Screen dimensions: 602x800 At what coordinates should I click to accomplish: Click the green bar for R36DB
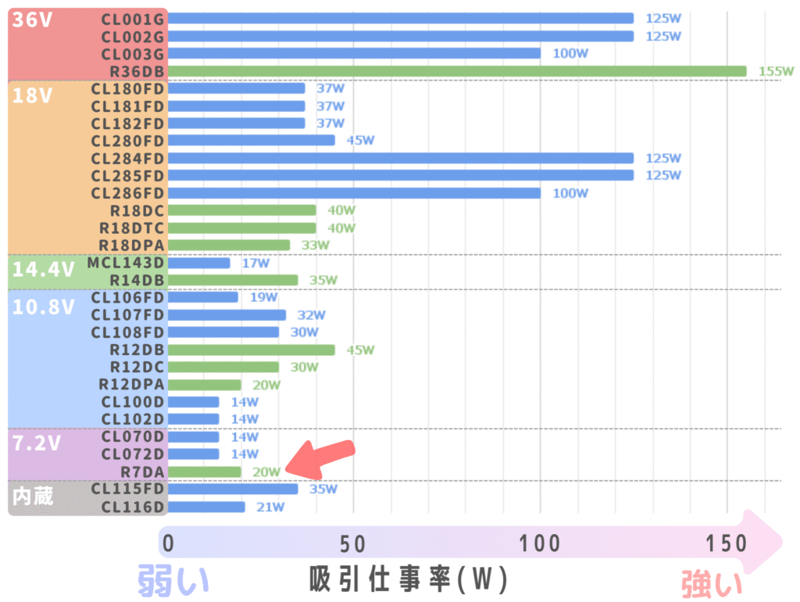(x=457, y=71)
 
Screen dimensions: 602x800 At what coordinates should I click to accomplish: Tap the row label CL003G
(x=133, y=54)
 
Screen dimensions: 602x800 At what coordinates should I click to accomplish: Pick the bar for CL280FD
(x=251, y=141)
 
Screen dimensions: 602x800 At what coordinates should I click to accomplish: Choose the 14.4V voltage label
(x=43, y=270)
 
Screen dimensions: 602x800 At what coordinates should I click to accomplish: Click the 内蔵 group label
(x=34, y=496)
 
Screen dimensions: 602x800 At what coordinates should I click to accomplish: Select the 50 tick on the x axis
(x=354, y=542)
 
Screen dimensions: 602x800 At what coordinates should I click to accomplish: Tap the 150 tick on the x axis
(x=727, y=542)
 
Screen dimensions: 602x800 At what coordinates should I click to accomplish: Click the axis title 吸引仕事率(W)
(x=408, y=580)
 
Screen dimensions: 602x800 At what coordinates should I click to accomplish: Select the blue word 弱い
(x=173, y=582)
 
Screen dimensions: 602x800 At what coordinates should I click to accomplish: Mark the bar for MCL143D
(x=198, y=263)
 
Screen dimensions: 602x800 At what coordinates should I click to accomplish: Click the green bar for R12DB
(x=251, y=349)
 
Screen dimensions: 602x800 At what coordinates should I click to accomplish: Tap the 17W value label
(x=255, y=263)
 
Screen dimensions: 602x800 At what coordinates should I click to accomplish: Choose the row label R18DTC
(x=130, y=228)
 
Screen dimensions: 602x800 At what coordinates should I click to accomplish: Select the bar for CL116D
(x=205, y=507)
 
